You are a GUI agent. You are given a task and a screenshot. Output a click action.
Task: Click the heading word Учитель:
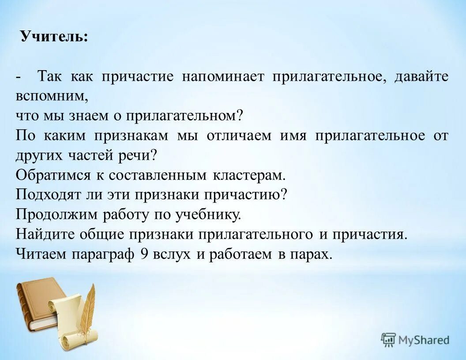[54, 37]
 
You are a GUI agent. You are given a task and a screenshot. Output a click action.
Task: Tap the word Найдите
[45, 234]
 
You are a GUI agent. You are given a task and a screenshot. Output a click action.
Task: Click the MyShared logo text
[423, 340]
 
